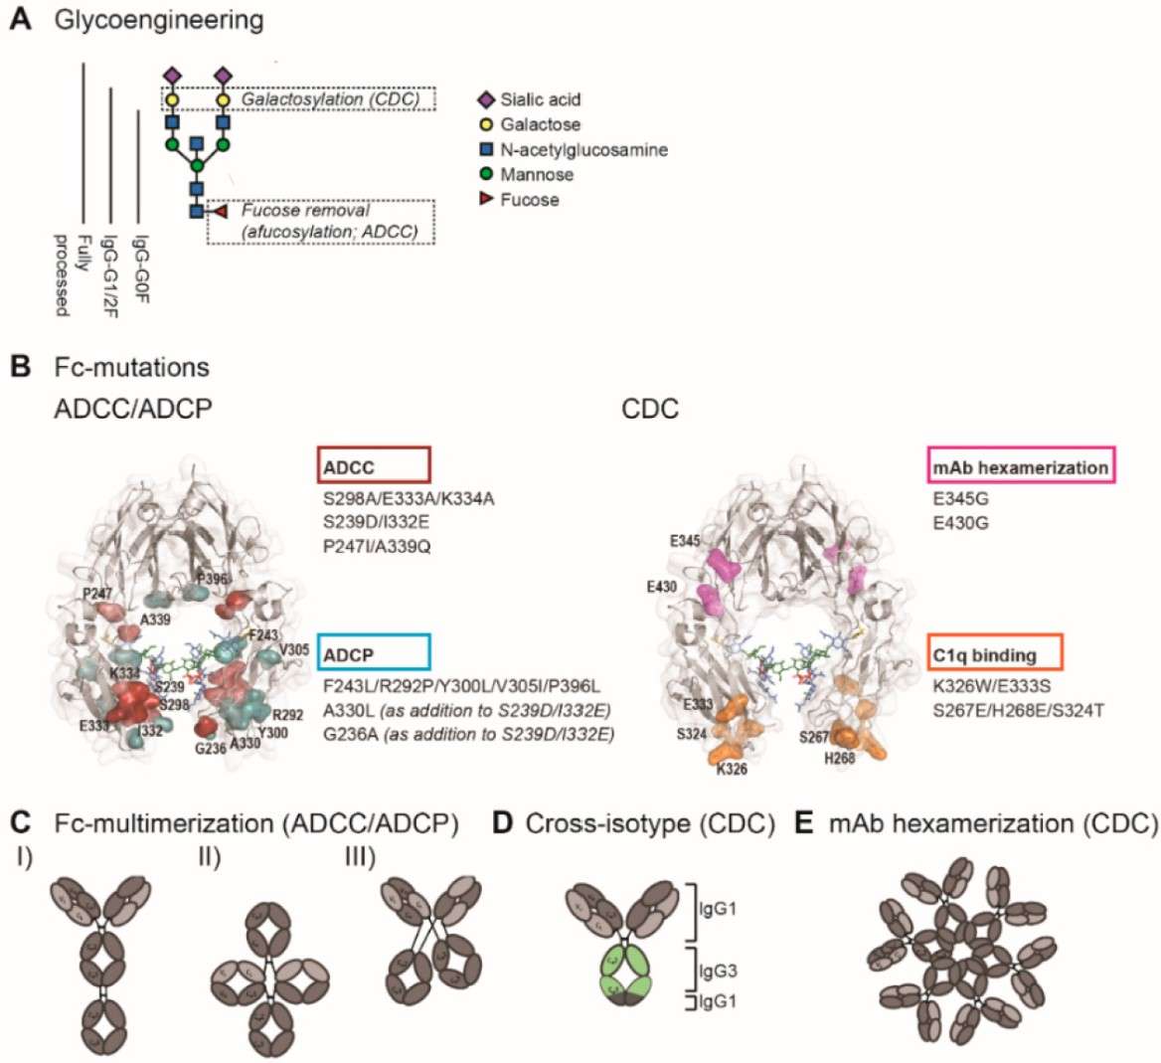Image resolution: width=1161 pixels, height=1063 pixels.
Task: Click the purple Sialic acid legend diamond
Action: click(x=486, y=99)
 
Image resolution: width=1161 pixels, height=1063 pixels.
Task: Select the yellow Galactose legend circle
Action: click(x=486, y=124)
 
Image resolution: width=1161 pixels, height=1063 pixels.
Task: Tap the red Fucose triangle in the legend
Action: click(x=486, y=200)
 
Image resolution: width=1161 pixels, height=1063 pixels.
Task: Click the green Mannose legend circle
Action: click(x=486, y=174)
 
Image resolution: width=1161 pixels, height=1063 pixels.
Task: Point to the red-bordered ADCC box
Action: click(x=374, y=464)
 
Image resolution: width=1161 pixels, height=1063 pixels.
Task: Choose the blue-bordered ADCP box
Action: click(x=374, y=652)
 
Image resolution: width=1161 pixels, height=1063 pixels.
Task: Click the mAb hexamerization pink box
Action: click(x=1021, y=466)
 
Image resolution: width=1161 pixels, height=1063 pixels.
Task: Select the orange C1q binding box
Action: click(x=996, y=654)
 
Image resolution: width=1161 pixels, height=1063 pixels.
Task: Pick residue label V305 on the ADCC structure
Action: click(x=295, y=650)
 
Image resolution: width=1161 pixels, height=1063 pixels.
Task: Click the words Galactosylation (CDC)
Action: click(x=330, y=99)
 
